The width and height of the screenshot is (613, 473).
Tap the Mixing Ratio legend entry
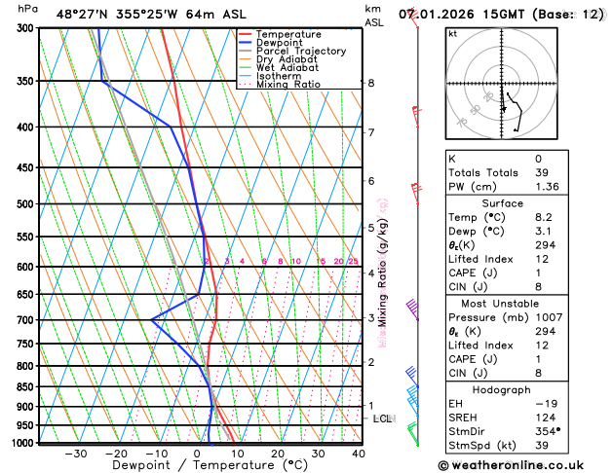pyautogui.click(x=288, y=85)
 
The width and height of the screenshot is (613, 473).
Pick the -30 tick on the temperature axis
pyautogui.click(x=76, y=454)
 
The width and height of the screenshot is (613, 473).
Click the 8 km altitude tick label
pyautogui.click(x=370, y=84)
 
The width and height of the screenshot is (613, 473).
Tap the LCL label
pyautogui.click(x=383, y=418)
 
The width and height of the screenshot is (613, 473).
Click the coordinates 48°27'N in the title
pyautogui.click(x=83, y=15)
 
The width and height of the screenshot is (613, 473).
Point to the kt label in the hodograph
pyautogui.click(x=452, y=34)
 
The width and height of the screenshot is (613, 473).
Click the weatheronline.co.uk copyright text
pyautogui.click(x=521, y=465)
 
